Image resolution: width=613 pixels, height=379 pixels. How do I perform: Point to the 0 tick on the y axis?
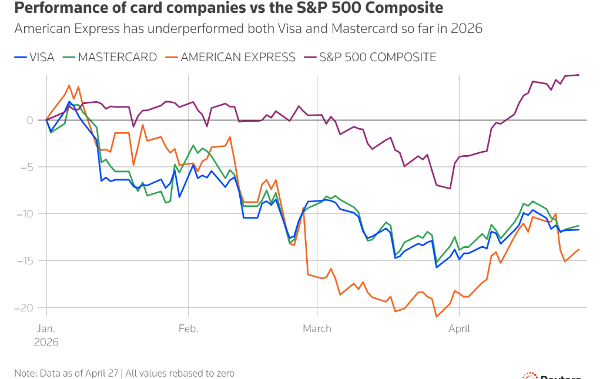coord(29,120)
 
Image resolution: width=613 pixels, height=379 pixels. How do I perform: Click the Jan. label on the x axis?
coord(48,329)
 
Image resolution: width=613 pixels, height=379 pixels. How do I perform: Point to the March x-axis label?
coord(317,329)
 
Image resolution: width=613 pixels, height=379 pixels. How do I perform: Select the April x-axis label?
coord(460,329)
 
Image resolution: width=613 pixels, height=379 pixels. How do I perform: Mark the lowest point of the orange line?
coord(436,317)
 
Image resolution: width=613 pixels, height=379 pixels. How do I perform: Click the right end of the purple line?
coord(579,75)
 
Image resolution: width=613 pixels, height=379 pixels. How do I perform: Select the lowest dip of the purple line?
coord(450,189)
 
